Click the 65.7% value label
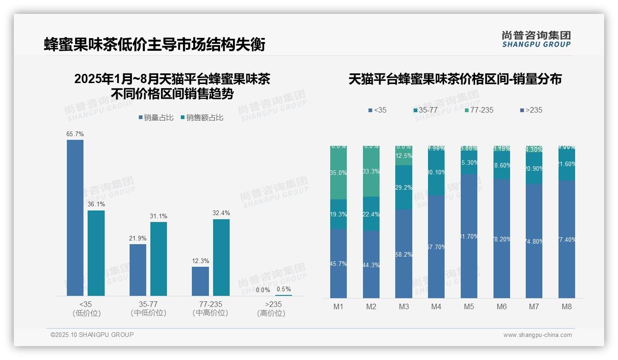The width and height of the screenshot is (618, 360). (x=75, y=134)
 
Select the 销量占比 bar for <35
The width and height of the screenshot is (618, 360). (x=75, y=217)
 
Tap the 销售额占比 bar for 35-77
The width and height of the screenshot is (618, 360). (x=159, y=258)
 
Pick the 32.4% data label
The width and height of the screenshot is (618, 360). (x=221, y=213)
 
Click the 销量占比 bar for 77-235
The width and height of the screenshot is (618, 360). (x=200, y=281)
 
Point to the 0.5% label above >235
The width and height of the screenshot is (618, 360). (x=284, y=289)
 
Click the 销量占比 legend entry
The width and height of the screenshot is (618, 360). (x=156, y=118)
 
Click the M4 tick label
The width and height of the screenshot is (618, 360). (x=436, y=306)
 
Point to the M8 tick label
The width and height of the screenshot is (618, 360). (x=567, y=306)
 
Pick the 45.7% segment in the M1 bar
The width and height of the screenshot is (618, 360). (x=339, y=264)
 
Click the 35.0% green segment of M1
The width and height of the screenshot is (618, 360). (x=339, y=173)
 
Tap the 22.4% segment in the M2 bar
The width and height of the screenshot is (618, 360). (x=371, y=214)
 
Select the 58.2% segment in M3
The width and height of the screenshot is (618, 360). (x=404, y=254)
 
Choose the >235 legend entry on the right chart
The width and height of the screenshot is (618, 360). (x=531, y=110)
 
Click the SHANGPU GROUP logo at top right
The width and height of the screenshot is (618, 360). (x=536, y=39)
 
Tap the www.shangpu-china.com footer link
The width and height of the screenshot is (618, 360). (x=537, y=335)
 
